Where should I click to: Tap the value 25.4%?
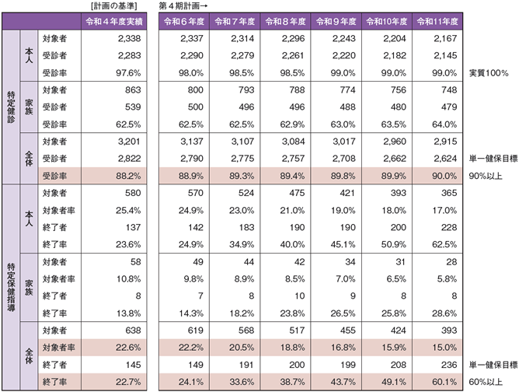(127, 209)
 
